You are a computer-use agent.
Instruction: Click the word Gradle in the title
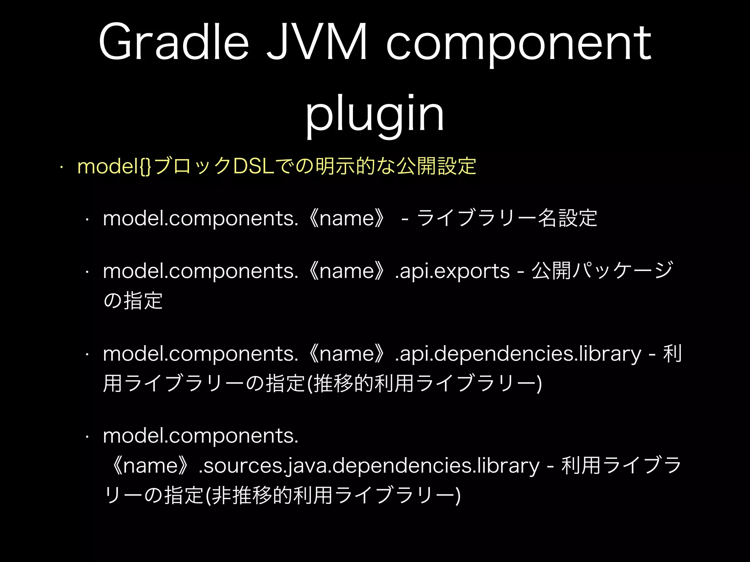174,42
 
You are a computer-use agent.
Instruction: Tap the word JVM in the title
317,42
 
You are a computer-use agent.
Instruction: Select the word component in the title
519,44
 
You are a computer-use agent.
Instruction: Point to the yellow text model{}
114,166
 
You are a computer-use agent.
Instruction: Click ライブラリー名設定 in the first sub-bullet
507,218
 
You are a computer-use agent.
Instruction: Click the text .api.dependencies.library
518,354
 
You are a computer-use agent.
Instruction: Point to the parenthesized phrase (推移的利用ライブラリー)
425,384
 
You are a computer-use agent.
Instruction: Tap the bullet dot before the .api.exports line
87,272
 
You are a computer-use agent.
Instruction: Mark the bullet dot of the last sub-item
87,437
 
